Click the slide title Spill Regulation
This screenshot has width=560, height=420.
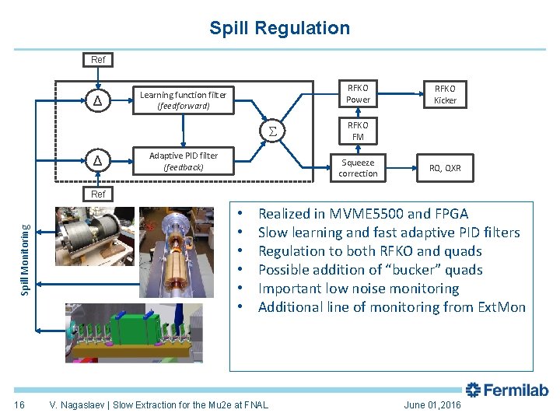tap(279, 29)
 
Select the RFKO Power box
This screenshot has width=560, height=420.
tap(358, 93)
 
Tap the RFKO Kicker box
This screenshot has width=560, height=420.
tap(445, 94)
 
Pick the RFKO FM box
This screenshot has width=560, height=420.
tap(358, 131)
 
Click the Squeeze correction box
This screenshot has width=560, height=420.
tap(358, 168)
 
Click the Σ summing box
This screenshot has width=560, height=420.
tap(272, 130)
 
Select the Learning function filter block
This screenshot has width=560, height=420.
tap(183, 100)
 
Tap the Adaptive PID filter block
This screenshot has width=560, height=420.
tap(183, 161)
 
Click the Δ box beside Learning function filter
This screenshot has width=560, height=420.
tap(97, 100)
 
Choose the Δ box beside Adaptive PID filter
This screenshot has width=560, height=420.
tap(97, 161)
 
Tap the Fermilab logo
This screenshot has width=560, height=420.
tap(506, 390)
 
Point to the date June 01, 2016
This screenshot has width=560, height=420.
tap(432, 405)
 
